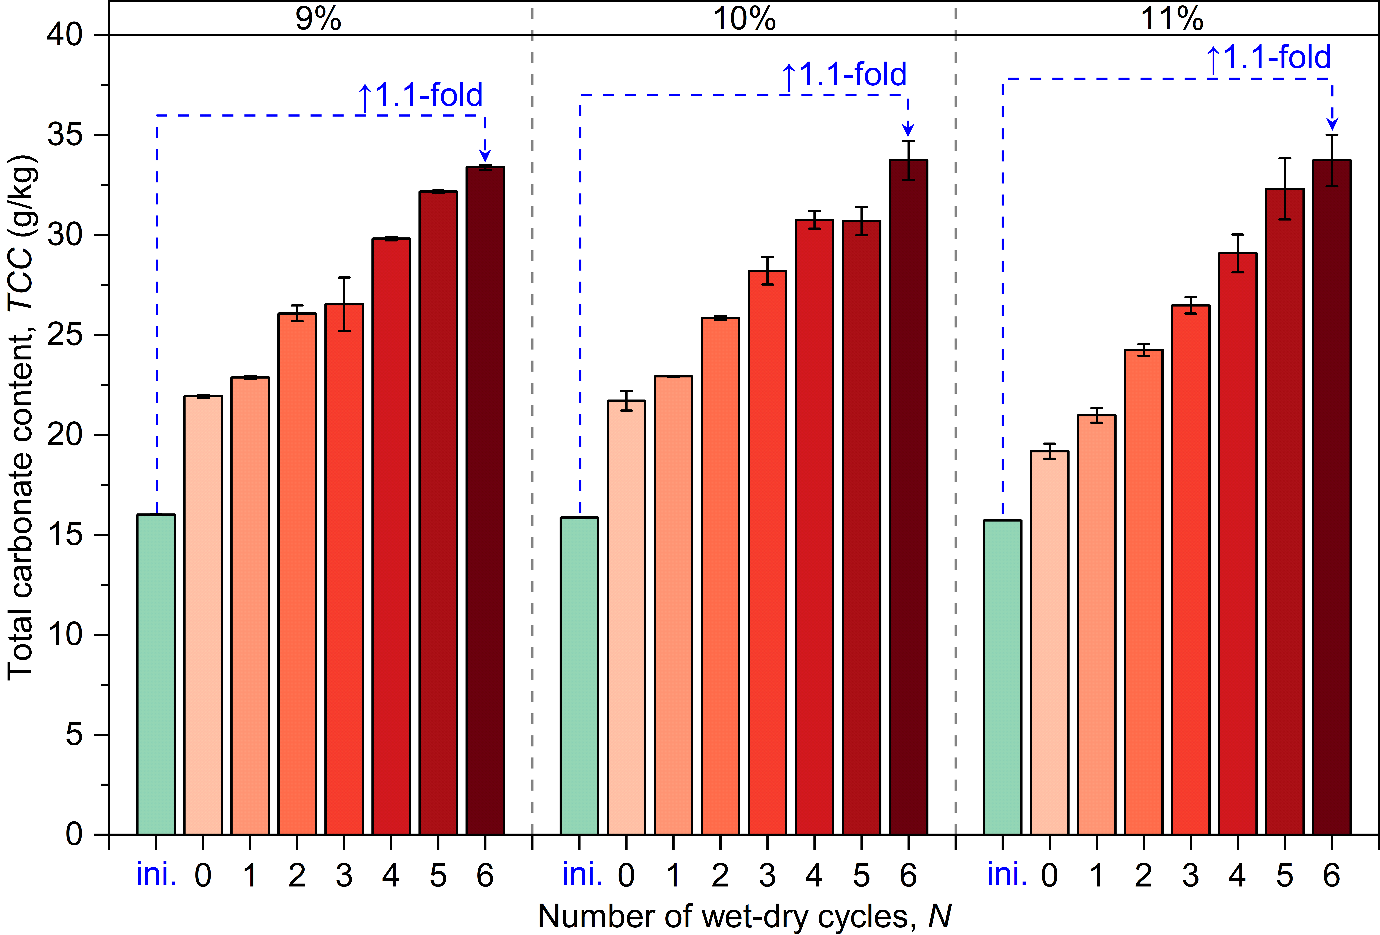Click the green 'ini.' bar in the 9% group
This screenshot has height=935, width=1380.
pos(156,674)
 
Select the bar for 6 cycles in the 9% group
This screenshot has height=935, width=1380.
pos(485,501)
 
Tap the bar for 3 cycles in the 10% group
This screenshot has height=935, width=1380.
pos(767,552)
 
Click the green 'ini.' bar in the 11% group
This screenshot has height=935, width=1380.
pos(1002,677)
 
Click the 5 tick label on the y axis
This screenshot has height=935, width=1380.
pos(74,735)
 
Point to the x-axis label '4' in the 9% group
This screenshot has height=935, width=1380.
pos(391,876)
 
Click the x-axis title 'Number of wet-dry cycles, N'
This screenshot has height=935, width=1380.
pos(744,917)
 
